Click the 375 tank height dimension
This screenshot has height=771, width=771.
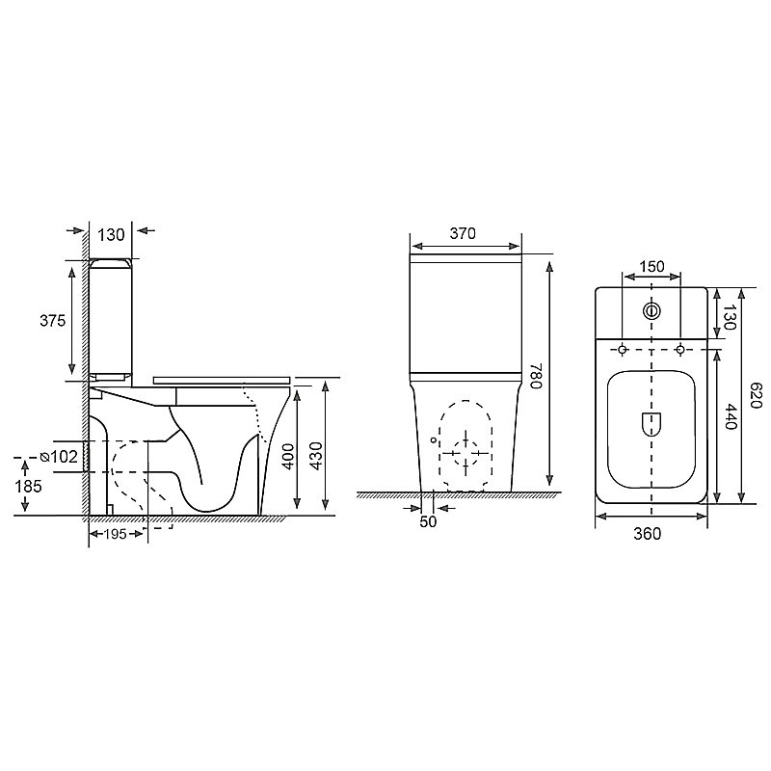[52, 321]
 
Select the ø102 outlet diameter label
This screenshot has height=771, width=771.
[59, 457]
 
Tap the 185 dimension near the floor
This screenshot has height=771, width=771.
[28, 487]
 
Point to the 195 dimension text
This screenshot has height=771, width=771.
[116, 534]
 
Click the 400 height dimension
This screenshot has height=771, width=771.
[288, 456]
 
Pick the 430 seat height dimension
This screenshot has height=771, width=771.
[317, 456]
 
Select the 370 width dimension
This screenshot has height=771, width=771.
[463, 233]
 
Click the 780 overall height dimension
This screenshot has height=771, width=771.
[536, 376]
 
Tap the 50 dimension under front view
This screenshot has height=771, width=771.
[428, 521]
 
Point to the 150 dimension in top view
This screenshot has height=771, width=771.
[651, 267]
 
